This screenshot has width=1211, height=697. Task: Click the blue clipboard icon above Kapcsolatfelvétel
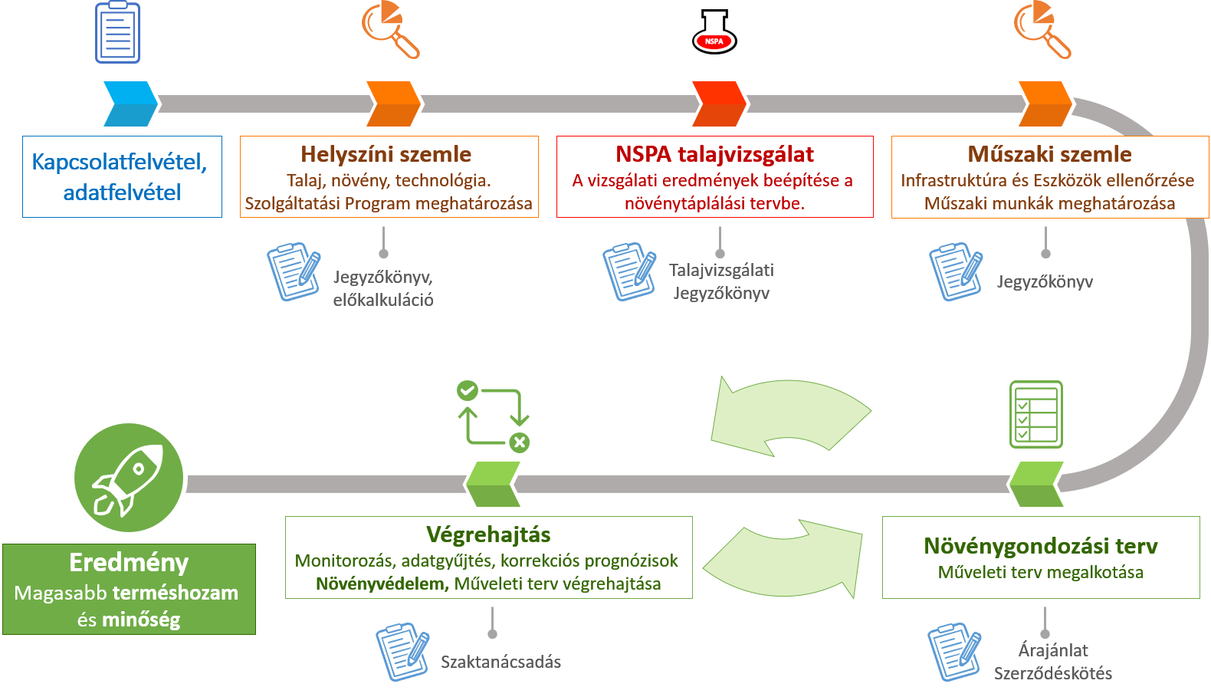coord(117,32)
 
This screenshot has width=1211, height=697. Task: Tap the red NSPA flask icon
coord(714,32)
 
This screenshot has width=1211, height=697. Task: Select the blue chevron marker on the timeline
coord(128,103)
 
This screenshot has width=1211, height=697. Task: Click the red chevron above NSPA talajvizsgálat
coord(717,103)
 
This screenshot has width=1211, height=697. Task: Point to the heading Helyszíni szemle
coord(386,154)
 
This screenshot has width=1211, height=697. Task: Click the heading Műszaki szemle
coord(1049,154)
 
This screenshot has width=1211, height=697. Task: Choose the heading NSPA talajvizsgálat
coord(714,154)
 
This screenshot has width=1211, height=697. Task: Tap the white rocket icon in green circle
coord(128,477)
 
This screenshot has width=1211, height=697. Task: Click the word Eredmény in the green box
coord(129,563)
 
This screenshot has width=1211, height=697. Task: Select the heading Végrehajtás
coord(488,534)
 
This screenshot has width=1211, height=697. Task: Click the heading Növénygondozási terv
coord(1040,546)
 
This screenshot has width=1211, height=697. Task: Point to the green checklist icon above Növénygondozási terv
coord(1036,414)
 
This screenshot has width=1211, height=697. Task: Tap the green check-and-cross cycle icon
coord(493,416)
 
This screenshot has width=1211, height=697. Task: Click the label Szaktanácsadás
coord(500,662)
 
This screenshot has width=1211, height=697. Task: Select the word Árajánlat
coord(1053,650)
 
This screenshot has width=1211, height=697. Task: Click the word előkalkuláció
coord(382,300)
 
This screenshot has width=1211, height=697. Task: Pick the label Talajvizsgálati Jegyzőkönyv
coord(721,281)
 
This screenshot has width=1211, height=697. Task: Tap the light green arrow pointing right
coord(786,558)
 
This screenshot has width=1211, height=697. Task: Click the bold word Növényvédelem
coord(382,584)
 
